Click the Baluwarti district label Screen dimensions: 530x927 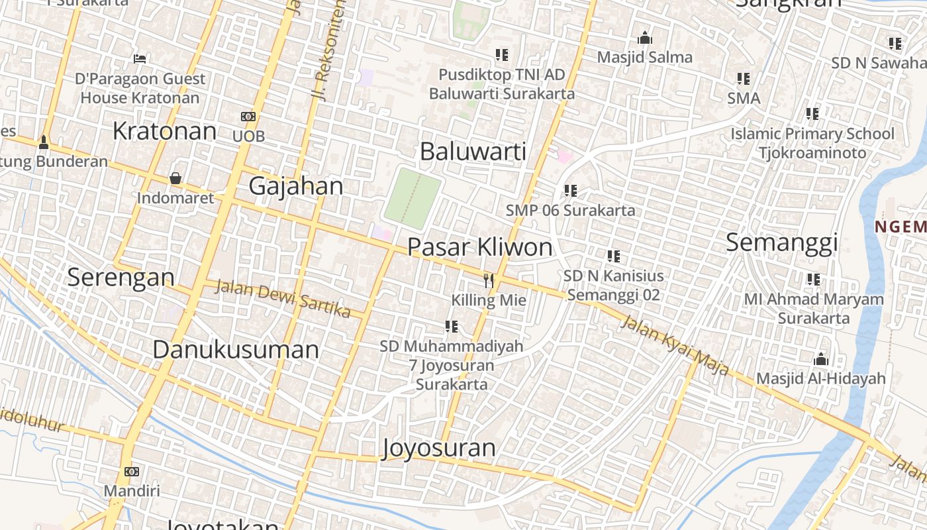473,152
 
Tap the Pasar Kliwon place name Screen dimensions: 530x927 479,247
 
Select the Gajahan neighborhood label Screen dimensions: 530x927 295,186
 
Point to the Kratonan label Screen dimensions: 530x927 164,131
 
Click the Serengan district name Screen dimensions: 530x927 121,277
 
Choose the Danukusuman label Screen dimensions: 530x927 235,349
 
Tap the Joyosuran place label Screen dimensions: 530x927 438,449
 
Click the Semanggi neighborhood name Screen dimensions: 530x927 781,242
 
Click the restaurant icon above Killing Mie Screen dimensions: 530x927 489,280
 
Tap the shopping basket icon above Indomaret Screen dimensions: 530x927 175,178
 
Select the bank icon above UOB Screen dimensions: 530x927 248,117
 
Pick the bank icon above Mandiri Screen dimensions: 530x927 131,472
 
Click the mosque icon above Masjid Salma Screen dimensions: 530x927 644,38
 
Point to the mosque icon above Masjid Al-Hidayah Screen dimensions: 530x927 820,360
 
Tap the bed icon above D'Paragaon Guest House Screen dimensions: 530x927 139,59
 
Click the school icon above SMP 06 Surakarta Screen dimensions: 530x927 570,191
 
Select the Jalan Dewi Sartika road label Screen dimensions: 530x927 283,298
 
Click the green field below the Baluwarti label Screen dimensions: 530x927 413,197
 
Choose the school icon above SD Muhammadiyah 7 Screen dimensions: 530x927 452,326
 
